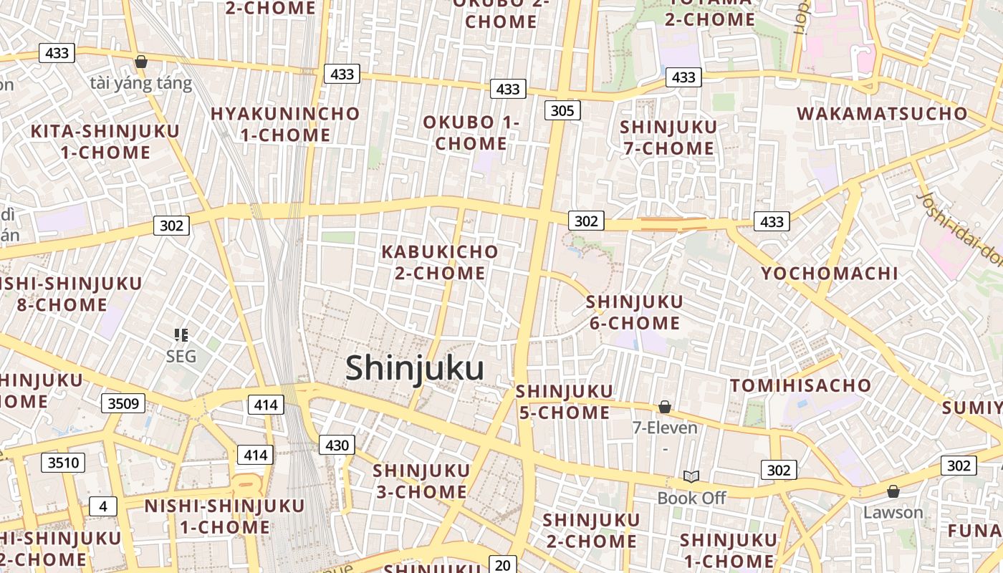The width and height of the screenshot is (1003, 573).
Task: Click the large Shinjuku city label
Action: [x=415, y=368]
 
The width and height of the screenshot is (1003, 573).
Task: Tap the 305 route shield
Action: [x=562, y=110]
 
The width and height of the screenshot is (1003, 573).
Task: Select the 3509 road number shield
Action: [x=123, y=403]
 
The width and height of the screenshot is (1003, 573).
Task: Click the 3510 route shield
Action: [x=63, y=463]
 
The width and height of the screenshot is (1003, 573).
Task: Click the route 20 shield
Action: [x=502, y=564]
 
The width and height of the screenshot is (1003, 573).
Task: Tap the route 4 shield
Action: [x=103, y=506]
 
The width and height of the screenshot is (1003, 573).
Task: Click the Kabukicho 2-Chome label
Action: [x=440, y=262]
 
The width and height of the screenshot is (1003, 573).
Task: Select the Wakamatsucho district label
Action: [x=882, y=113]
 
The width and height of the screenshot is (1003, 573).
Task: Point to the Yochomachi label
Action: [x=829, y=273]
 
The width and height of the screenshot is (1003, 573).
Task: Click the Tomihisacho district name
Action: [x=800, y=385]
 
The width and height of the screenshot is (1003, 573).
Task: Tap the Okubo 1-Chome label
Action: [x=471, y=132]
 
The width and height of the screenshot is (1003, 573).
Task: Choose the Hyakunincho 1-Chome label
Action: [x=285, y=124]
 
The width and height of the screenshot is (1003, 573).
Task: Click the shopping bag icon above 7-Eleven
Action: [x=665, y=407]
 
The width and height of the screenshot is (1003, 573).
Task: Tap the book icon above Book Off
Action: [x=691, y=476]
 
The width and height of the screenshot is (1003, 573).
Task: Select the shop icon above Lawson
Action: [x=893, y=491]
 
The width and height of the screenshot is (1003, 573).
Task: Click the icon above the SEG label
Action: [x=181, y=334]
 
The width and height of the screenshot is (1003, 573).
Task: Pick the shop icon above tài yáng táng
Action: [x=141, y=62]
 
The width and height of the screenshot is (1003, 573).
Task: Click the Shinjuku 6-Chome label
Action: [x=634, y=312]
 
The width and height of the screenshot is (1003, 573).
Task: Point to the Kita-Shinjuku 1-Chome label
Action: [x=105, y=141]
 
